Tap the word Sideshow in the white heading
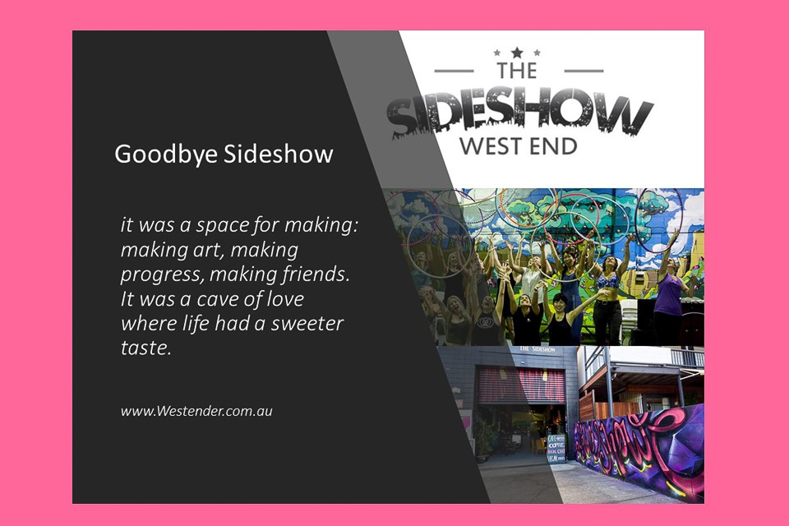coord(279,155)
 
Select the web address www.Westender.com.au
coord(196,410)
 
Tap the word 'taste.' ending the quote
coord(145,347)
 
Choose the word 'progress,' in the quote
coord(159,273)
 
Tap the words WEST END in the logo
coord(518,147)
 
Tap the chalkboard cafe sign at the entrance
coord(556,448)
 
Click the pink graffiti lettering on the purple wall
coord(633,440)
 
